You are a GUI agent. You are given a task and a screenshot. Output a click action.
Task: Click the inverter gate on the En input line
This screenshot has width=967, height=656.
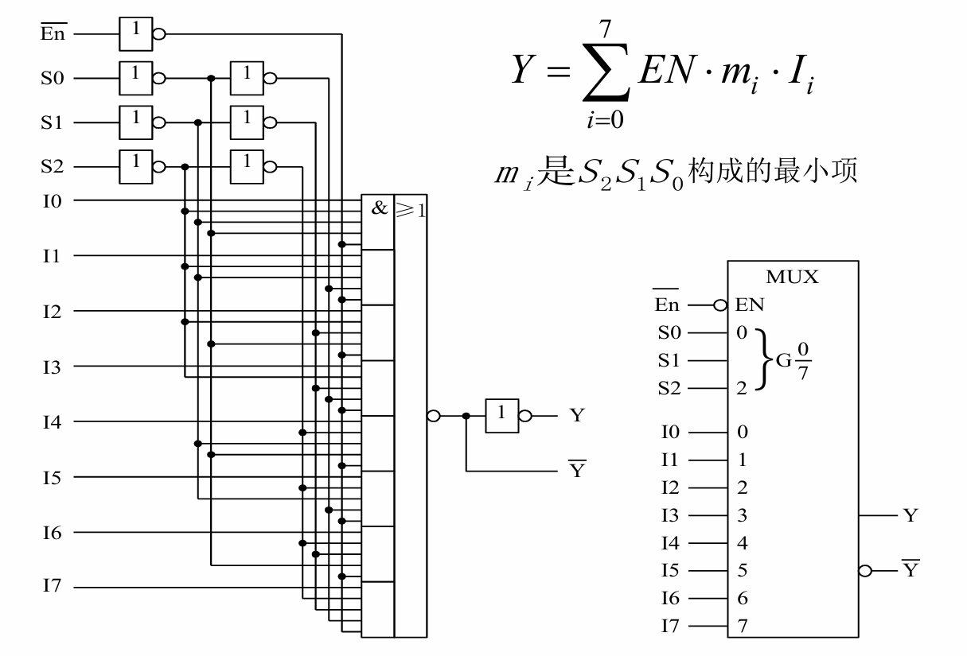click(135, 34)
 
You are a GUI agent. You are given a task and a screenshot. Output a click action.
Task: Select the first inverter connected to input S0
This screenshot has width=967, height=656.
click(135, 79)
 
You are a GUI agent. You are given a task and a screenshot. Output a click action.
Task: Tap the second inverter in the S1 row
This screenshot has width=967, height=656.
click(247, 122)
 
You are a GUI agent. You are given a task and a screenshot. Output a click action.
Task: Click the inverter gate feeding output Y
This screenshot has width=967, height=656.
click(502, 415)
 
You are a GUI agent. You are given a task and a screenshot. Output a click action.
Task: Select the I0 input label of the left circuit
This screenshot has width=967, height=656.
click(52, 200)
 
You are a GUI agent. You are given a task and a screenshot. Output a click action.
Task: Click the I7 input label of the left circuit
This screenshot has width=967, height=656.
click(52, 588)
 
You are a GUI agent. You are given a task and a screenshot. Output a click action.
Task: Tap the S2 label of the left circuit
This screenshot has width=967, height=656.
click(53, 167)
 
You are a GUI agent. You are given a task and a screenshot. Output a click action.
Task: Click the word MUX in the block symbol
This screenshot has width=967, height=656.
click(792, 278)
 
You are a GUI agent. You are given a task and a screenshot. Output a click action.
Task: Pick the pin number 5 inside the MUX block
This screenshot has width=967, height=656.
click(743, 570)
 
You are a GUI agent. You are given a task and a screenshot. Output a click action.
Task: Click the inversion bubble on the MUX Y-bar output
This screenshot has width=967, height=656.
click(866, 570)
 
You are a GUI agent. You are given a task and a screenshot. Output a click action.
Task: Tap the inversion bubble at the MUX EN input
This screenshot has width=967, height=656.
click(720, 305)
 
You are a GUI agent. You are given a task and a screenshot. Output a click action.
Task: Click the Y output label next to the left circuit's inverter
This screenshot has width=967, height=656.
click(577, 415)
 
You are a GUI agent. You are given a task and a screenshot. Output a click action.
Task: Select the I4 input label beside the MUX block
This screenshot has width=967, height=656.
click(671, 543)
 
